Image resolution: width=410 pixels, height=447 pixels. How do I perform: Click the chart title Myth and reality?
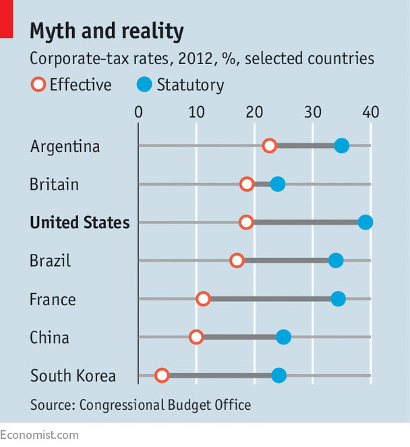coord(107,31)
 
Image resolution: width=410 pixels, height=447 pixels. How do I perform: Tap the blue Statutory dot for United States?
coord(365,222)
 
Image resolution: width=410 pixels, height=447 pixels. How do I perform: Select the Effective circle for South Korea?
coord(161,375)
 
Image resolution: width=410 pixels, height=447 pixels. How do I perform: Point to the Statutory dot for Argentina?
coord(342,146)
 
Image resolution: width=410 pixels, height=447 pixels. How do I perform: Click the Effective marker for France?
coord(203,299)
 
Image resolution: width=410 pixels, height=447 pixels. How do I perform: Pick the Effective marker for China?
coord(196,337)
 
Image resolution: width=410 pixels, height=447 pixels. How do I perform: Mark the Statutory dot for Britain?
coord(277,184)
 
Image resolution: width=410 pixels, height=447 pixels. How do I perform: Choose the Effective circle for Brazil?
coord(237,261)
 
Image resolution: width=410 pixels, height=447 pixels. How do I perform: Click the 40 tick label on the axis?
coord(370,111)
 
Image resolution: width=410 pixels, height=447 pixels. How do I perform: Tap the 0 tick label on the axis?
coord(138,111)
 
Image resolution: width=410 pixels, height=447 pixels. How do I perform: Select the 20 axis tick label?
coord(254,111)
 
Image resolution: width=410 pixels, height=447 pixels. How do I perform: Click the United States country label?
coord(80,222)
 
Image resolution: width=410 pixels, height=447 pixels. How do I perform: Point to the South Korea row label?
coord(73,376)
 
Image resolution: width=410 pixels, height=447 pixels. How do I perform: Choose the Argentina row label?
coord(65,147)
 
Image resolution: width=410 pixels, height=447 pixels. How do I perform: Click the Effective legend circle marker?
coord(38,85)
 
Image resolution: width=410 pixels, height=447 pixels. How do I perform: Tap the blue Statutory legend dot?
coord(145,85)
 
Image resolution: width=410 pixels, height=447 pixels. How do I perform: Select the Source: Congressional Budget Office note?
coord(140,405)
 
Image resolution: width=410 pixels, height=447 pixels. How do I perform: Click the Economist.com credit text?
coord(39,435)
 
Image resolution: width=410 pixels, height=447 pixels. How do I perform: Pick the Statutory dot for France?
coord(338,299)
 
